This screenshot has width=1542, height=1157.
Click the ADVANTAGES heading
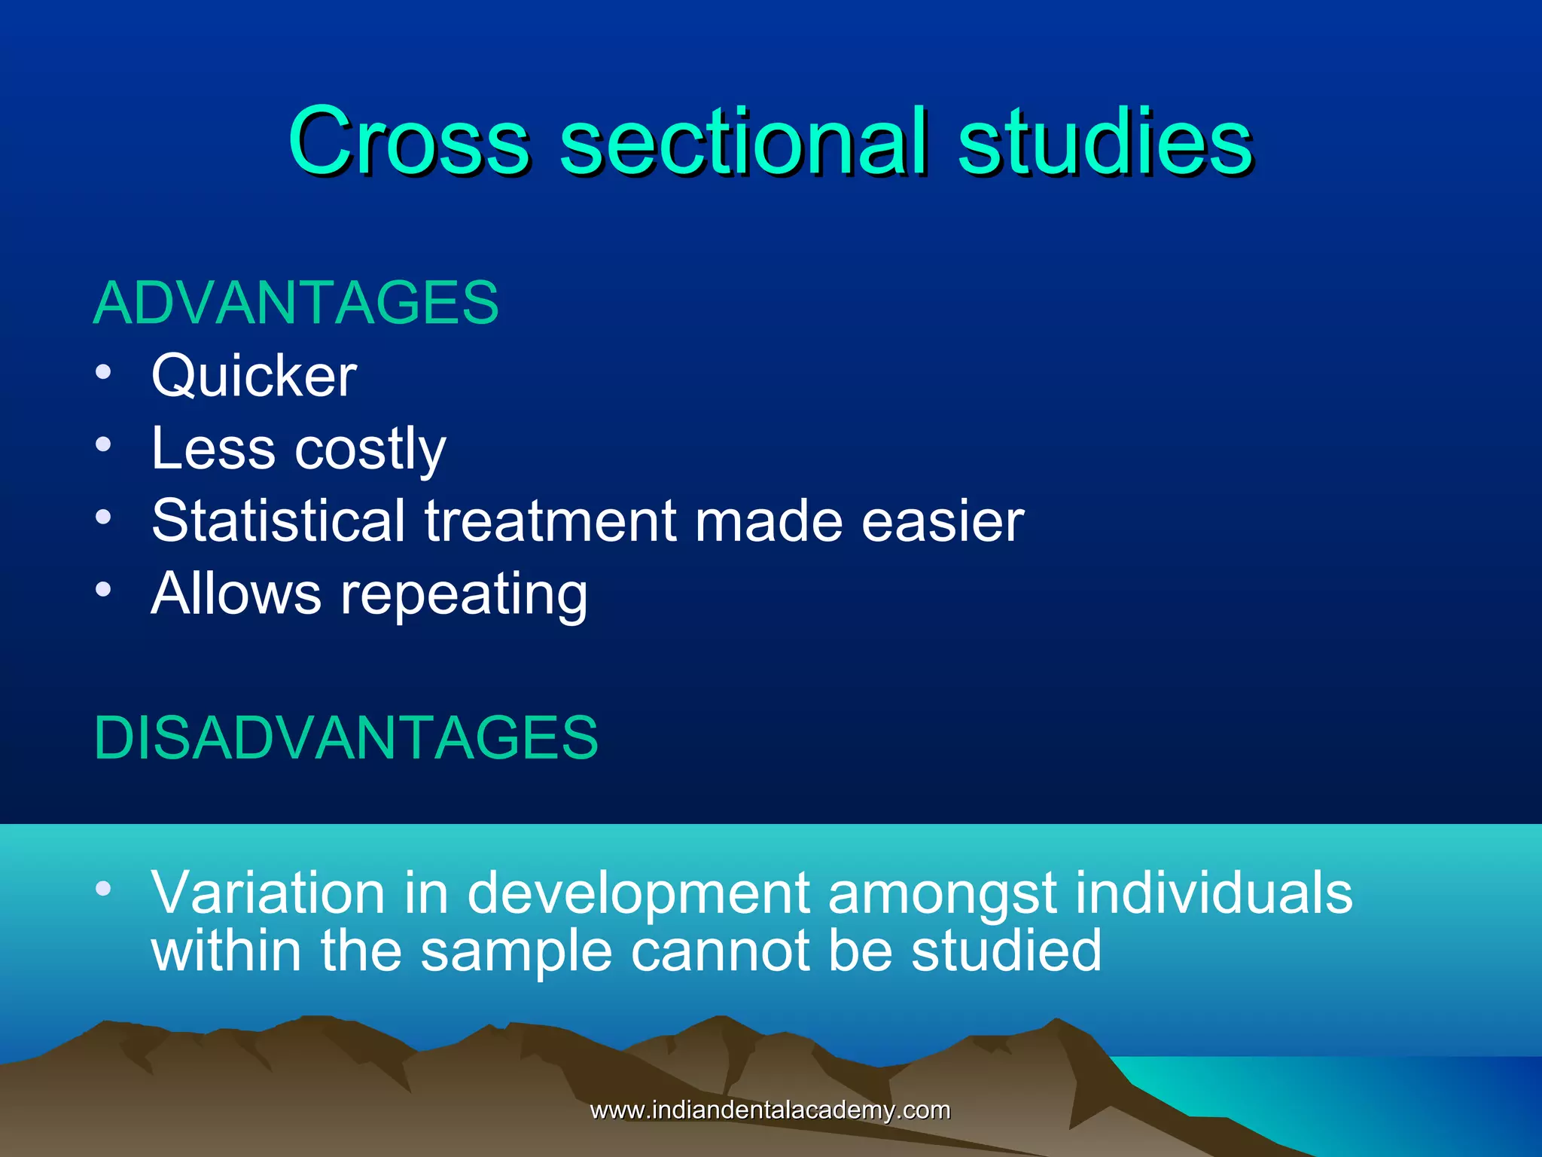[296, 303]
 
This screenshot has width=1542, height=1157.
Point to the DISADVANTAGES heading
[346, 737]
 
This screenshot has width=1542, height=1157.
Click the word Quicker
[254, 376]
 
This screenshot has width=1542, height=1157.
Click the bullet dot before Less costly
[104, 444]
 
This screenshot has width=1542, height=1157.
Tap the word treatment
[550, 520]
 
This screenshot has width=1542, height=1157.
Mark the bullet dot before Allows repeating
[104, 590]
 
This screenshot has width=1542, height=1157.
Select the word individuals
[1214, 893]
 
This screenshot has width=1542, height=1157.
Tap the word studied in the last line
[1006, 951]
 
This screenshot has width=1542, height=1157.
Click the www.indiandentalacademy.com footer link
[770, 1110]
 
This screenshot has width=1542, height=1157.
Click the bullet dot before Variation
[104, 889]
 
